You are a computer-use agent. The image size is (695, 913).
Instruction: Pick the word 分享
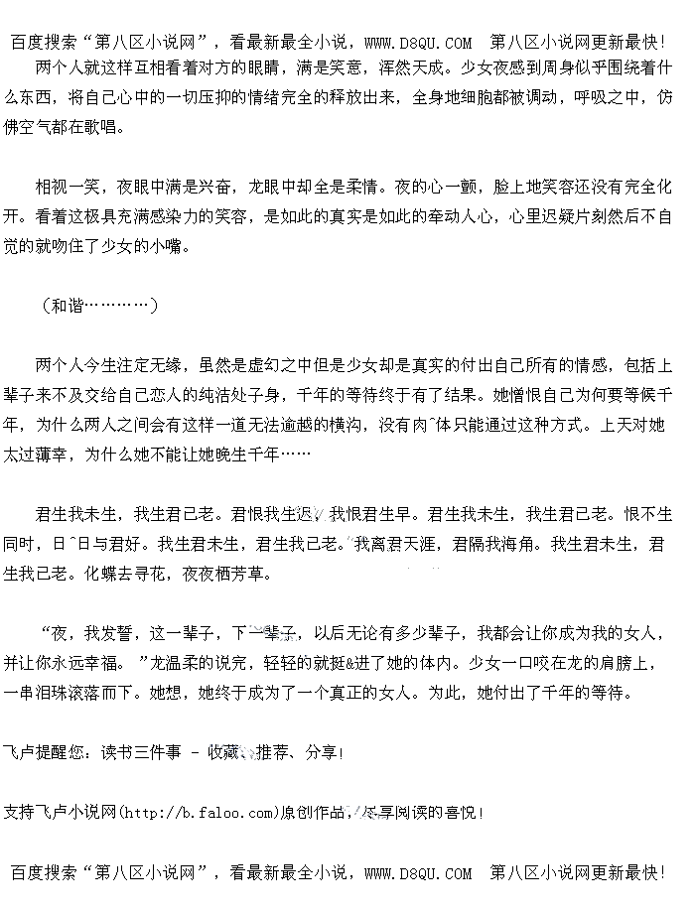pyautogui.click(x=321, y=753)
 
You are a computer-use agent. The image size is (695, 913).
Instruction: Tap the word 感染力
pyautogui.click(x=198, y=215)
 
